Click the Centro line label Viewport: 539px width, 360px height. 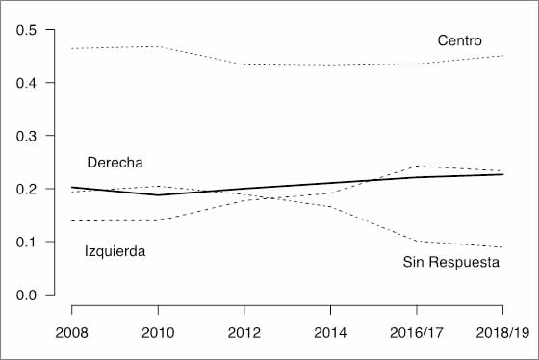click(x=459, y=40)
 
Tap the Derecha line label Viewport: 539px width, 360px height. click(x=115, y=163)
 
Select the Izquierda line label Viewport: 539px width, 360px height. click(x=115, y=251)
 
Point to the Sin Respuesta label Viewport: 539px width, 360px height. click(x=451, y=262)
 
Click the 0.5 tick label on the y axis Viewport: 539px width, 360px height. click(x=26, y=30)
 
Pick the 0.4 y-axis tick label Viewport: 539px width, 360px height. click(x=26, y=83)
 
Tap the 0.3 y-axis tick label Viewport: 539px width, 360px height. click(x=26, y=136)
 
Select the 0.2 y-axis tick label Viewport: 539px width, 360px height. click(x=26, y=189)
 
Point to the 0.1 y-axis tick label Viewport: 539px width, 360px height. click(x=26, y=242)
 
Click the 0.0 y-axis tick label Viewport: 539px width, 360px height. click(x=26, y=295)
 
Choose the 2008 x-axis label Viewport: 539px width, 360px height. click(x=71, y=333)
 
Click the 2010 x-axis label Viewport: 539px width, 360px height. click(x=158, y=333)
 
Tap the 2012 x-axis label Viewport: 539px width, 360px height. click(x=244, y=333)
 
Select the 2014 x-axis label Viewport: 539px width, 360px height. click(x=330, y=333)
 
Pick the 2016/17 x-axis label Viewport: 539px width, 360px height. click(x=417, y=333)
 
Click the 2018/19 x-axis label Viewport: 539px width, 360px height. click(x=502, y=333)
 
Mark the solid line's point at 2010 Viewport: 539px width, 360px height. click(x=158, y=195)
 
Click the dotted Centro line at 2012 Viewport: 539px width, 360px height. click(x=244, y=64)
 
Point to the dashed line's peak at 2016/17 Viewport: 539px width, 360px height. click(x=417, y=167)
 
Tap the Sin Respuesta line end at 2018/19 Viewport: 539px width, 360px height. click(x=502, y=247)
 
